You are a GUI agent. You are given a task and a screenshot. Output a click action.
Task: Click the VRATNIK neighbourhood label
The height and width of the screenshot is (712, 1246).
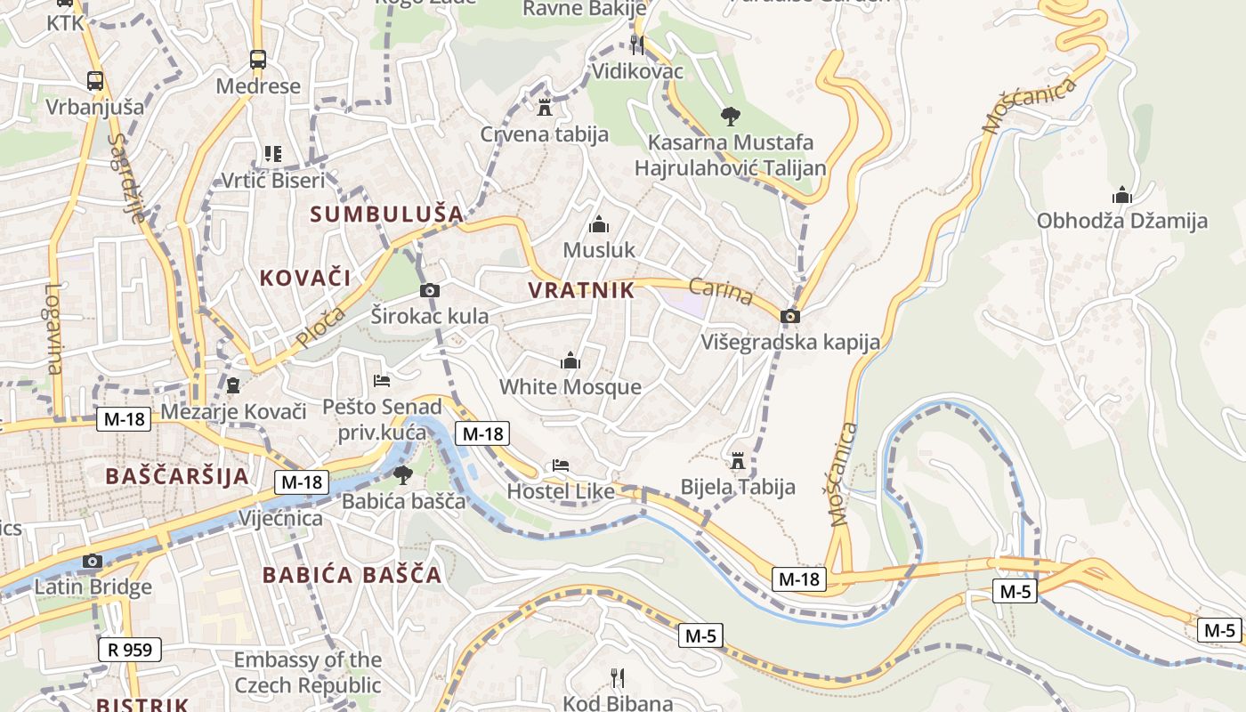pos(581,290)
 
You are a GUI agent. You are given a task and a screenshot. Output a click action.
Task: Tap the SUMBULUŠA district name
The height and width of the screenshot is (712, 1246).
pos(387,214)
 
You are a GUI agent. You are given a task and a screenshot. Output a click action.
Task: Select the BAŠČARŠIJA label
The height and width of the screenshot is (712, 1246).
pos(177,475)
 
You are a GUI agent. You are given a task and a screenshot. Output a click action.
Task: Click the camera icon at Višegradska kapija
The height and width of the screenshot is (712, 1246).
pos(789,316)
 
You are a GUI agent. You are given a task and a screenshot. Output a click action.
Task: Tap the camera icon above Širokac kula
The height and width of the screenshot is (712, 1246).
pos(429,290)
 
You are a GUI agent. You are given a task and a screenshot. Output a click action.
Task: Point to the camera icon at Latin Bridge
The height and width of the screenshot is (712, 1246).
pos(92,561)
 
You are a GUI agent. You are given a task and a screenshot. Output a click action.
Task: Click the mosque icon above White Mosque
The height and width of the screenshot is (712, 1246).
pos(570,361)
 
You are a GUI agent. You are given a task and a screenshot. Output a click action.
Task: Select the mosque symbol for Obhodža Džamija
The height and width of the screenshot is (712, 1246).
pos(1121,195)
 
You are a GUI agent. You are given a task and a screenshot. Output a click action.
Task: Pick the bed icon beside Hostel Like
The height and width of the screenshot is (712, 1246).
pos(560,465)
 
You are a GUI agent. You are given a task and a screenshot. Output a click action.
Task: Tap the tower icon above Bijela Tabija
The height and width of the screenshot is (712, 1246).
pos(737,461)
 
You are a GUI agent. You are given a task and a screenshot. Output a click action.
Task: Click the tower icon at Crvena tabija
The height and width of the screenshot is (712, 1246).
pos(545,108)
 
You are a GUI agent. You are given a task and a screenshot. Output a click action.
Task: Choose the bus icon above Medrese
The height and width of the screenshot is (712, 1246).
pos(258,60)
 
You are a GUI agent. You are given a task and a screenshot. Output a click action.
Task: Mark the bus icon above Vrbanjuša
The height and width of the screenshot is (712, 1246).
pos(95,80)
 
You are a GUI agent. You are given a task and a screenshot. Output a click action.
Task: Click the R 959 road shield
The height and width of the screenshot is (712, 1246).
pos(130,650)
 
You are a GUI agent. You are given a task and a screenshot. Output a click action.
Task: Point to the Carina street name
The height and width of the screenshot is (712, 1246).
pos(721,292)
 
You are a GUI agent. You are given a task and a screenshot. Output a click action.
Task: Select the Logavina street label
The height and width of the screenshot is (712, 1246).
pos(54,329)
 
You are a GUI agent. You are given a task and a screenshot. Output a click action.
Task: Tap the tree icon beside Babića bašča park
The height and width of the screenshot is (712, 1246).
pos(403,475)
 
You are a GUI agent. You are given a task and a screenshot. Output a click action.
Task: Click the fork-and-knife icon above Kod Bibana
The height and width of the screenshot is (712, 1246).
pos(618,678)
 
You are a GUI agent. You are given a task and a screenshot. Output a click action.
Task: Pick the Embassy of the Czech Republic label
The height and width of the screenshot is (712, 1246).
pos(307,673)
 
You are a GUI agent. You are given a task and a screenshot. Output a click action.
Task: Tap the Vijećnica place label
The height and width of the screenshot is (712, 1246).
pos(280,519)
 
